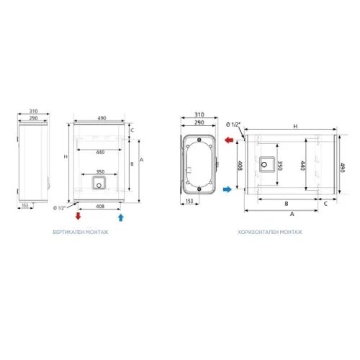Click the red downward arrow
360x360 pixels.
click(x=78, y=216)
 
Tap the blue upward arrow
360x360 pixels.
click(x=121, y=217)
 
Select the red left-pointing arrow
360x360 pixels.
click(x=229, y=140)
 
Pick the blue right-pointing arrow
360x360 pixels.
click(x=228, y=189)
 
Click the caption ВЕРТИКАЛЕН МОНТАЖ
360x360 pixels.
click(x=81, y=232)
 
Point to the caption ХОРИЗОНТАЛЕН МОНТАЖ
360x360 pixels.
click(x=270, y=232)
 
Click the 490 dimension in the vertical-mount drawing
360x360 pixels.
click(x=102, y=118)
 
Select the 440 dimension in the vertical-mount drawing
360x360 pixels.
click(x=100, y=152)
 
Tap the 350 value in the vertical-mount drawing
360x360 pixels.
click(x=100, y=171)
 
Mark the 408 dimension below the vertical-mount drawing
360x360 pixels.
click(x=100, y=206)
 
